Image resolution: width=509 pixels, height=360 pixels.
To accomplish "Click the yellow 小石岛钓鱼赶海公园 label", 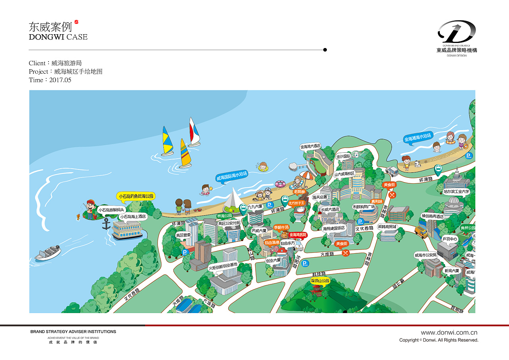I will [136, 196].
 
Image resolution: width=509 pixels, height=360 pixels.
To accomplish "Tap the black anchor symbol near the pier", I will [106, 224].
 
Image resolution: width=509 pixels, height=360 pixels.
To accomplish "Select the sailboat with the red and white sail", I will [194, 132].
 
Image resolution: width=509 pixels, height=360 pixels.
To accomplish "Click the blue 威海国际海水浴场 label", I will [232, 176].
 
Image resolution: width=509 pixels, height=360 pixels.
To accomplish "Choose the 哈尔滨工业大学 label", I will [457, 191].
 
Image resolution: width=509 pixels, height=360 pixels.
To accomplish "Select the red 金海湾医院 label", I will [298, 235].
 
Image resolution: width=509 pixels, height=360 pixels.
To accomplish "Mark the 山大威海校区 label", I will [344, 174].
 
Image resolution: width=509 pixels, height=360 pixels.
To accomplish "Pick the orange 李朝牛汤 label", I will [281, 228].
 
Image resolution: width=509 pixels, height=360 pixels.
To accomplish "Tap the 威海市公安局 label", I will [425, 255].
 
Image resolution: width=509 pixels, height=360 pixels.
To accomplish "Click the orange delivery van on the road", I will [421, 232].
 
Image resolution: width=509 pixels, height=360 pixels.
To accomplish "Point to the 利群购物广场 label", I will [364, 206].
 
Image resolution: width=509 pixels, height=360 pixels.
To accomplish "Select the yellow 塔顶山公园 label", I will [321, 281].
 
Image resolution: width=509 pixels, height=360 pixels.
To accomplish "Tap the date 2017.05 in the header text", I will [60, 80].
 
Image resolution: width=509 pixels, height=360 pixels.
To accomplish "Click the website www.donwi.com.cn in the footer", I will [449, 333].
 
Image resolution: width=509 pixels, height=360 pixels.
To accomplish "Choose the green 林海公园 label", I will [224, 216].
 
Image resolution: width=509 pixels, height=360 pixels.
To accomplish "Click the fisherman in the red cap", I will [91, 209].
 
